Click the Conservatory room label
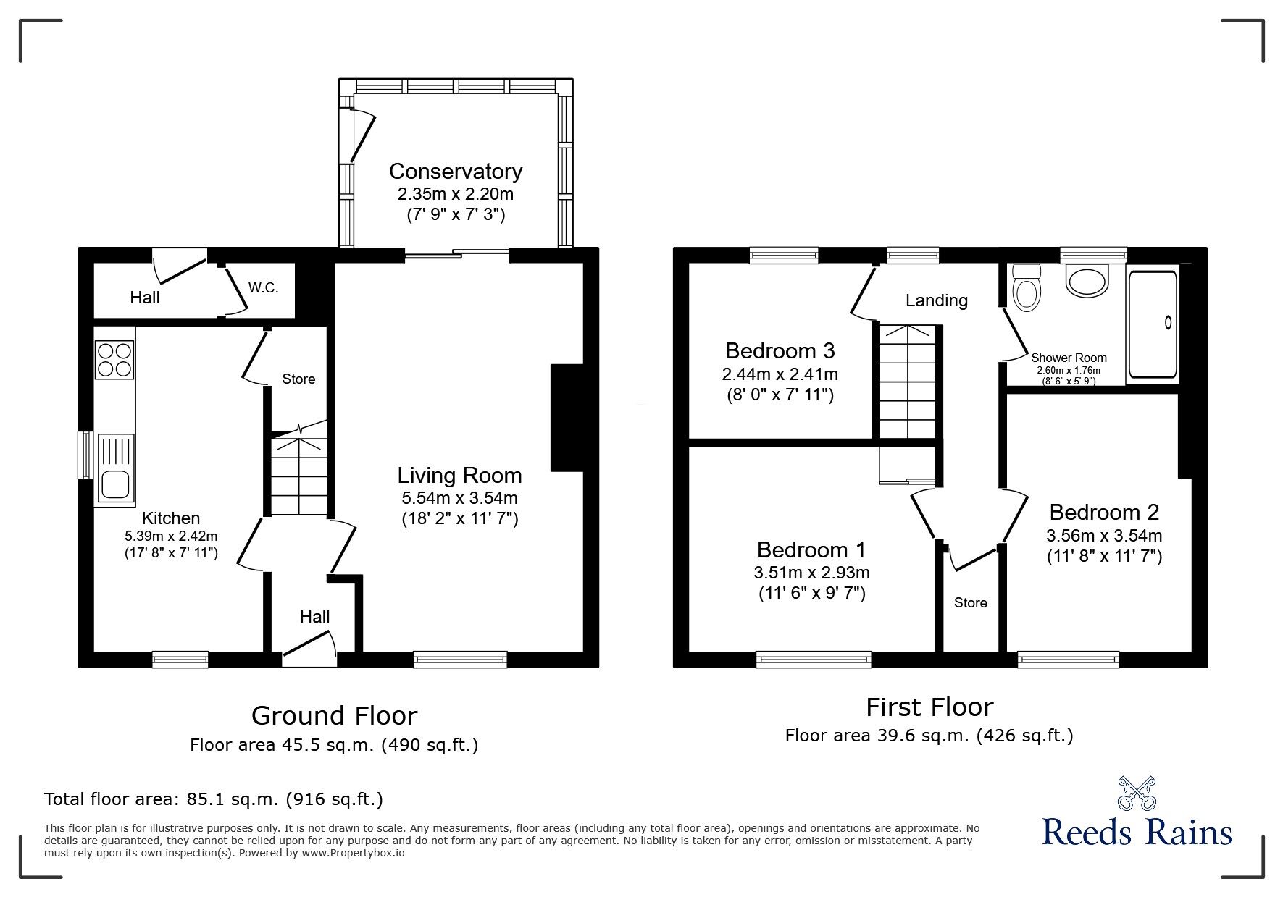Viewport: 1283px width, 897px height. click(455, 172)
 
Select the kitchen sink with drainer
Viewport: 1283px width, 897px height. click(114, 468)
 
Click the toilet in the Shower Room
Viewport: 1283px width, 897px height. click(1026, 288)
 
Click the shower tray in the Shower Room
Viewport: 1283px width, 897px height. click(1152, 324)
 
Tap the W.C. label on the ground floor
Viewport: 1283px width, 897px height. click(263, 287)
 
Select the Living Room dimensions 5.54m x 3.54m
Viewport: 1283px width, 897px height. click(459, 498)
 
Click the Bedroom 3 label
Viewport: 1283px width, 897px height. click(780, 351)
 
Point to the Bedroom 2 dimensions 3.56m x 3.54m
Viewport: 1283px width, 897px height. click(1103, 536)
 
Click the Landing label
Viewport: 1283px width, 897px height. click(936, 300)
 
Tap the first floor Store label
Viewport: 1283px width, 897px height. click(970, 603)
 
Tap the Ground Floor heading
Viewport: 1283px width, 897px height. click(334, 715)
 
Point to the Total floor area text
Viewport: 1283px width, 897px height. click(213, 799)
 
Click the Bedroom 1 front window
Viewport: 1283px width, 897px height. click(813, 659)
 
